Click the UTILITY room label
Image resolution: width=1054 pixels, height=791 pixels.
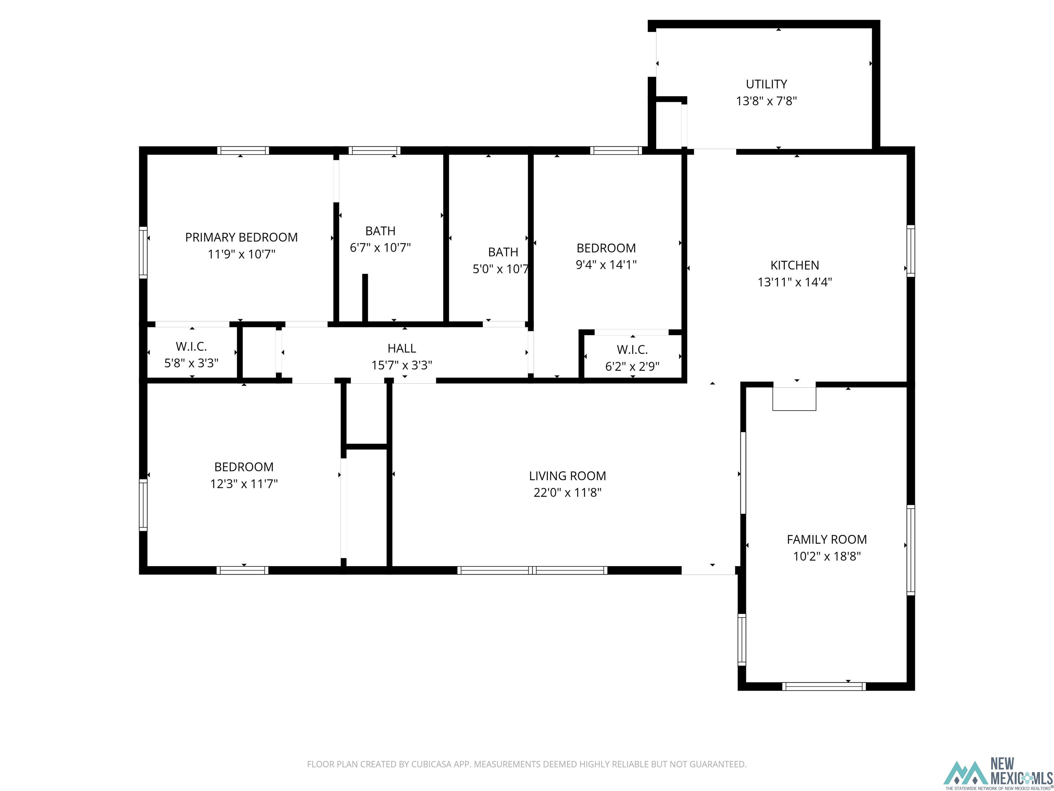click(x=766, y=84)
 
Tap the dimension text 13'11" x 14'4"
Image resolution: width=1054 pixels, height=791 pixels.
click(x=795, y=282)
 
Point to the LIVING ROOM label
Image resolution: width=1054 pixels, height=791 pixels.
click(x=567, y=475)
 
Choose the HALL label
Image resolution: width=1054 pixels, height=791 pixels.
click(x=402, y=348)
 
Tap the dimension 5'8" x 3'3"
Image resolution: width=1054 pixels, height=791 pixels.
click(x=191, y=363)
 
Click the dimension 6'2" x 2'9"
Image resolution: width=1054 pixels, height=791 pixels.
click(x=632, y=367)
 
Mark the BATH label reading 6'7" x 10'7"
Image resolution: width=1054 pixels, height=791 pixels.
click(x=380, y=231)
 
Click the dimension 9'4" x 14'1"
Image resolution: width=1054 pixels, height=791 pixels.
click(x=606, y=265)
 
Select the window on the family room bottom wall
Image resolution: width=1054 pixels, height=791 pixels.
click(x=824, y=687)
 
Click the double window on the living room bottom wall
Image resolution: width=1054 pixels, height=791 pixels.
click(x=532, y=570)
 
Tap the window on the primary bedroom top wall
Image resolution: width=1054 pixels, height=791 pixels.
click(x=243, y=151)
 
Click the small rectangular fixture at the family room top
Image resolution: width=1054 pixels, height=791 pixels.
click(x=794, y=399)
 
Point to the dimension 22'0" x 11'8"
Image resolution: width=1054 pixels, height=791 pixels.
click(x=567, y=493)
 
